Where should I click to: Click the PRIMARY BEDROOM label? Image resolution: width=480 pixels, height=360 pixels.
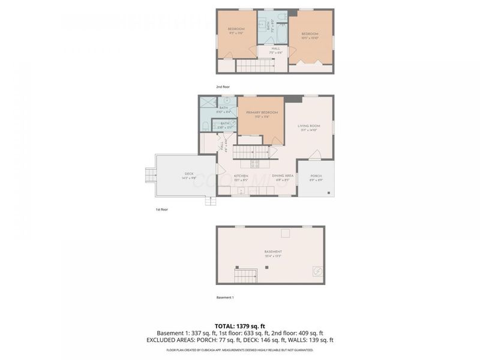pos(262,114)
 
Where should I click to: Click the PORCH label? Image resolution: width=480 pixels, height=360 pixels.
pos(316,178)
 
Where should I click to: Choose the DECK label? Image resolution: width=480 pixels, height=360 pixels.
pos(189,176)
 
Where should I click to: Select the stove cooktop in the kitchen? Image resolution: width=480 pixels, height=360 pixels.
pos(254,163)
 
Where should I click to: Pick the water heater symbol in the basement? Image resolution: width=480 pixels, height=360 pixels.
pos(316,272)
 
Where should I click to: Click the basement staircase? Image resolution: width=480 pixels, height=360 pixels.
pos(245,277)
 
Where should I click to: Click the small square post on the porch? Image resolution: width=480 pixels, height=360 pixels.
pos(329,193)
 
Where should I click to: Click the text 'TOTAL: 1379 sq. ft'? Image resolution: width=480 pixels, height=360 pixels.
pos(240,326)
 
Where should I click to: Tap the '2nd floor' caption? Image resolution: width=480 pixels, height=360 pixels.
pos(223,87)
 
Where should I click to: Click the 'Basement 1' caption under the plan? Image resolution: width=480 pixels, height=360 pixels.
pos(225,298)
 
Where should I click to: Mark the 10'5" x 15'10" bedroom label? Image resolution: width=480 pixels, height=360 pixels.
pos(310,35)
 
